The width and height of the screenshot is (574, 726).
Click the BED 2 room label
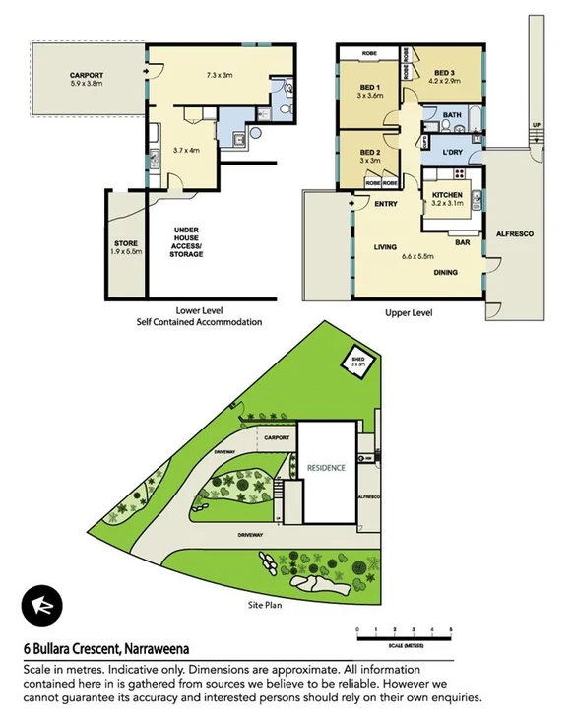coord(370,151)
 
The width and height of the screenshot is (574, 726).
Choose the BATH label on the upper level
coord(452,115)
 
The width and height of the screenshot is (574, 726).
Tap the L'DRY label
coord(453,152)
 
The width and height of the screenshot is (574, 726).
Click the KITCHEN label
coord(447,195)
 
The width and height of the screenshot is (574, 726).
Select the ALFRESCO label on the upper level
coord(513,233)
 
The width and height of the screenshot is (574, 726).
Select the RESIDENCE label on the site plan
coord(325,468)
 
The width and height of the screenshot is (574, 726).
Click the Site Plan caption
coord(264,605)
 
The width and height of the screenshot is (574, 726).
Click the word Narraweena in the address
coord(157,649)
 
